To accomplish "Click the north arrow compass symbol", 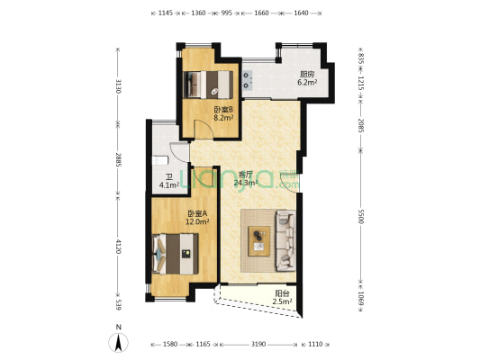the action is [x=118, y=342].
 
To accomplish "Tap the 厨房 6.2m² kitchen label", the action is [x=307, y=78].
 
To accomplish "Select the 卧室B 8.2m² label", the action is [x=223, y=113].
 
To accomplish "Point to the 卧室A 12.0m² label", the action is [x=197, y=218].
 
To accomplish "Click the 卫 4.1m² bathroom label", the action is [x=169, y=181].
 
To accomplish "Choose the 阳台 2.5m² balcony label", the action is [x=282, y=298].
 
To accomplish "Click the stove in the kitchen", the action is [x=248, y=79].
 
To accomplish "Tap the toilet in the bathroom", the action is [x=160, y=160].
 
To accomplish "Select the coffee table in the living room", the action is [x=259, y=241].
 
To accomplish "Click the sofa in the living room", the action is [x=285, y=240].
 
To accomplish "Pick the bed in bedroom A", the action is [x=175, y=254].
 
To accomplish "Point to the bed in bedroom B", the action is [x=208, y=85].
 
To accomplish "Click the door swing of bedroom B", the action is [x=204, y=129].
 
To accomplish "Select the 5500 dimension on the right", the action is [x=361, y=217].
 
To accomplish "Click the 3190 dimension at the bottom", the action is [x=258, y=345].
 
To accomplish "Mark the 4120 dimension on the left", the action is [x=119, y=247].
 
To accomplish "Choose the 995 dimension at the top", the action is [x=227, y=13].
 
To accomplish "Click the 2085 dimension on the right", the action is [x=361, y=126].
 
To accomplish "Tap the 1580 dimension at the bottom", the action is [x=170, y=345].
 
